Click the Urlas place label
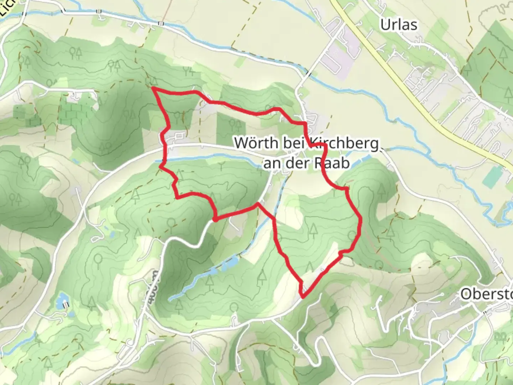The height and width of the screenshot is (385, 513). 398,25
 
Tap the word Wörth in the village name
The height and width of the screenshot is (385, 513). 256,143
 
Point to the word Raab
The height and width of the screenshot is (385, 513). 331,163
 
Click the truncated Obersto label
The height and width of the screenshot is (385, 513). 486,294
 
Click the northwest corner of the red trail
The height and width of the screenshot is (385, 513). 153,87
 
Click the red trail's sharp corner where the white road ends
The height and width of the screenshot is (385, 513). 215,218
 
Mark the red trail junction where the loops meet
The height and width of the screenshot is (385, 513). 257,204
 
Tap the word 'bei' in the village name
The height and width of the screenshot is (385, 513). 294,143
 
